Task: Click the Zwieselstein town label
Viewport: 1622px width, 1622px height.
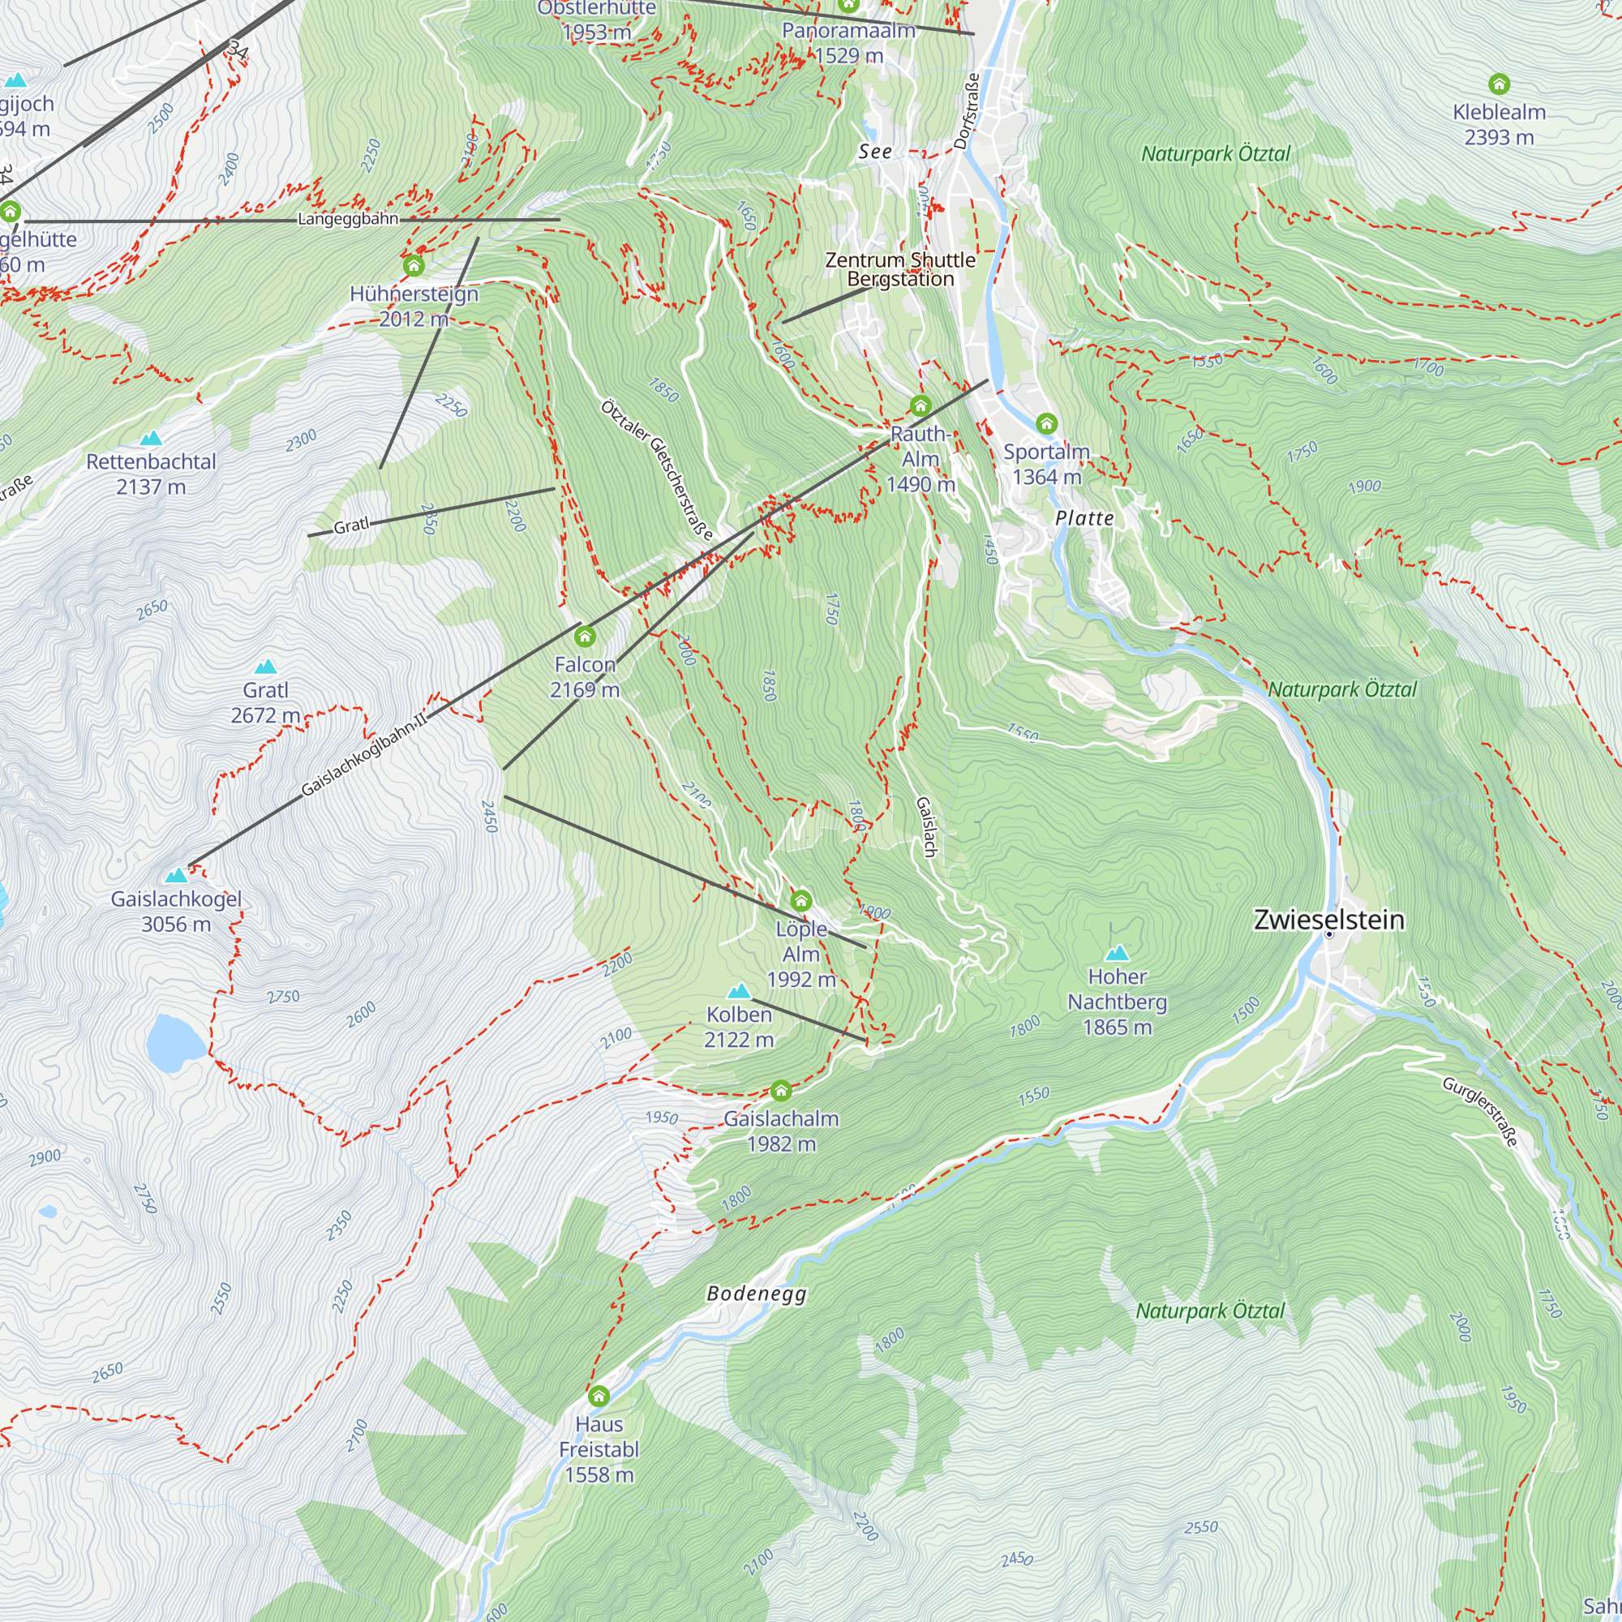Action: pos(1328,920)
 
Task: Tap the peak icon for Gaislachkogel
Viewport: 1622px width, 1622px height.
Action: pos(176,876)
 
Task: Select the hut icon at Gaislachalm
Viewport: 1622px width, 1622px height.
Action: pos(781,1091)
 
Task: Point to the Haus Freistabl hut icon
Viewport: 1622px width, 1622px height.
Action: pos(599,1397)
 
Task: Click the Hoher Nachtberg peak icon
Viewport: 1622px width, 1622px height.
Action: pos(1117,953)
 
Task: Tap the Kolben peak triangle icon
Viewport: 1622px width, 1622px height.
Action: pos(739,991)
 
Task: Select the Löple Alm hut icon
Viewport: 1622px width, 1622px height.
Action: pos(802,901)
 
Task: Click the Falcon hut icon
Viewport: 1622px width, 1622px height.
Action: pos(586,637)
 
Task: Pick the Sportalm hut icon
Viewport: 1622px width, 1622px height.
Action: pos(1046,423)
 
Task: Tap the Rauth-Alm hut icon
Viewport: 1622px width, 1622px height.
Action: pos(921,406)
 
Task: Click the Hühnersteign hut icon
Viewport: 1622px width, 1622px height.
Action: pos(413,266)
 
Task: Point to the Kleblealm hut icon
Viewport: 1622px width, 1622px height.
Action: pos(1500,84)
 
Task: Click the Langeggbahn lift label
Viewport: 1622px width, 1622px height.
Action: pos(348,219)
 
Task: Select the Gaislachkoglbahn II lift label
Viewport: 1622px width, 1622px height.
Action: pos(363,754)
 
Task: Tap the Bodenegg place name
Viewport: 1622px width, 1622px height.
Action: pos(757,1293)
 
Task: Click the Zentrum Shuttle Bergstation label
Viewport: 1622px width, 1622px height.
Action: pos(900,269)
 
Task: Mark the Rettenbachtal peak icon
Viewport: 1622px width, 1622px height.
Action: pos(151,438)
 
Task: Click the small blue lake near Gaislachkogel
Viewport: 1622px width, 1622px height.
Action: pos(174,1042)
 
